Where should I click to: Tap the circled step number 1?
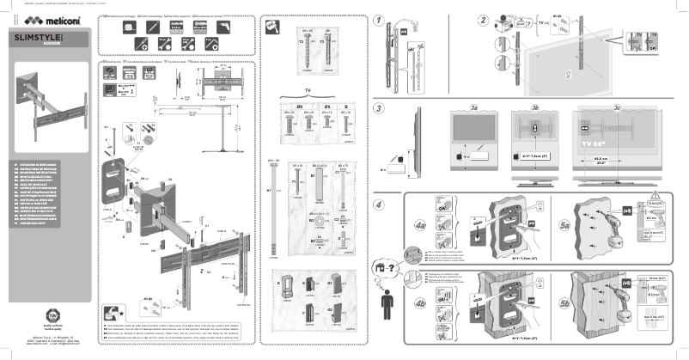coord(381,20)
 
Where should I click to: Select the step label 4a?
coord(418,226)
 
